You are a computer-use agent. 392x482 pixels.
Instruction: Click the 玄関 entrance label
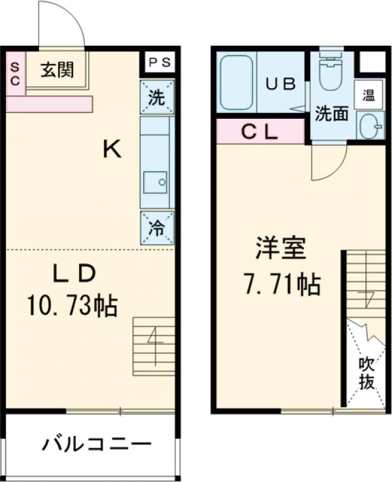click(x=57, y=70)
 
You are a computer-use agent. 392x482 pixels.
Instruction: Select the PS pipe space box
click(x=158, y=63)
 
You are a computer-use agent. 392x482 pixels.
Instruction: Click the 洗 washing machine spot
click(x=157, y=97)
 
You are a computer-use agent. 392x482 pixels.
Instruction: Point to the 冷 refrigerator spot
click(x=157, y=228)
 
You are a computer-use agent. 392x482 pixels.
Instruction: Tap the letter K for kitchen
click(x=112, y=150)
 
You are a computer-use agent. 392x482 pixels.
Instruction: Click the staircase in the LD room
click(x=154, y=345)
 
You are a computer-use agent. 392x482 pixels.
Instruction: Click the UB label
click(x=280, y=84)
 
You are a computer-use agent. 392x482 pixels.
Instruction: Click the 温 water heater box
click(x=368, y=95)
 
